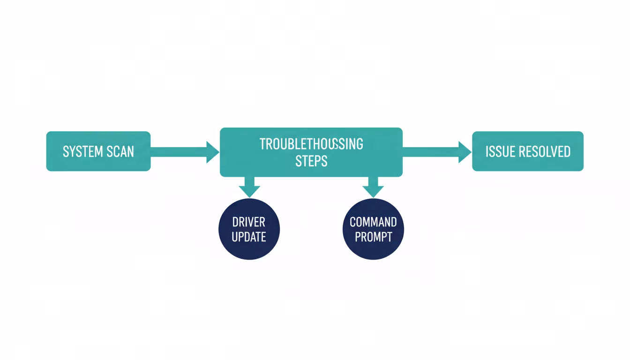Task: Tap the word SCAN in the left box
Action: coord(120,151)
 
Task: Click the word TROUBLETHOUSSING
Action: coord(311,143)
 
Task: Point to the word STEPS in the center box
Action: coord(311,161)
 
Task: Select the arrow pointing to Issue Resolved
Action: coord(436,151)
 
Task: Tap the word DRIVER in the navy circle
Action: coord(249,222)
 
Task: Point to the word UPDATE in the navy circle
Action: coord(249,237)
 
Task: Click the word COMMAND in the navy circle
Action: coord(374,222)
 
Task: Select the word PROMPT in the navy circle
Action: coord(374,237)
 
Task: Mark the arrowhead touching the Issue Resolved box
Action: coord(465,151)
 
